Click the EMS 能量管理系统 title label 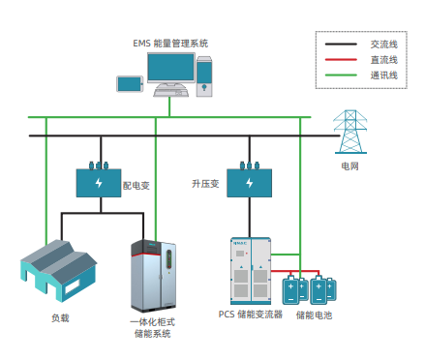pyautogui.click(x=170, y=44)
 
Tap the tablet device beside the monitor pyautogui.click(x=130, y=84)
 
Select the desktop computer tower pyautogui.click(x=204, y=76)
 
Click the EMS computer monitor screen pyautogui.click(x=171, y=67)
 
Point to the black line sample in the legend pyautogui.click(x=341, y=45)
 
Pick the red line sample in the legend pyautogui.click(x=341, y=60)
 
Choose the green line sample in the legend pyautogui.click(x=341, y=75)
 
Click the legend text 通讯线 pyautogui.click(x=383, y=75)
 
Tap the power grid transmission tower pyautogui.click(x=350, y=132)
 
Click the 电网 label pyautogui.click(x=349, y=166)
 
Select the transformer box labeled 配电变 pyautogui.click(x=99, y=183)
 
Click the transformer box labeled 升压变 pyautogui.click(x=250, y=183)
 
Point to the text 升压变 pyautogui.click(x=205, y=184)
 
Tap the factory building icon pyautogui.click(x=59, y=271)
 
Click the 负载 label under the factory pyautogui.click(x=60, y=318)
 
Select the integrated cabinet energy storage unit pyautogui.click(x=153, y=276)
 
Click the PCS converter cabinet pyautogui.click(x=251, y=271)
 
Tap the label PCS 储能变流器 pyautogui.click(x=251, y=315)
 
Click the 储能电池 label pyautogui.click(x=314, y=315)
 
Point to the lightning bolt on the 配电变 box pyautogui.click(x=99, y=183)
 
